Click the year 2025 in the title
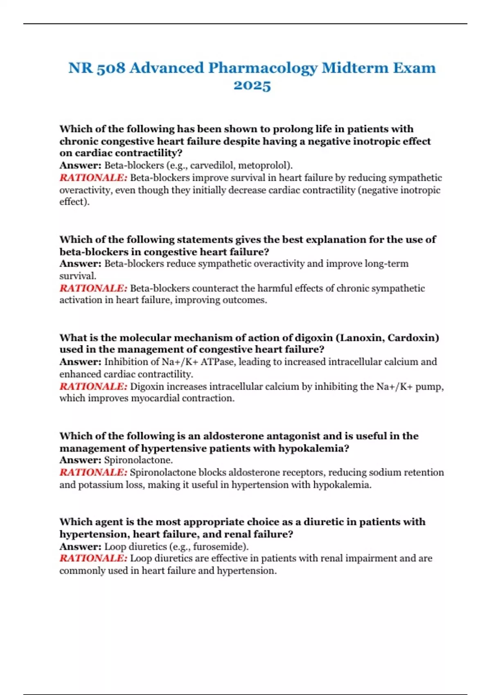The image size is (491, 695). pos(252,85)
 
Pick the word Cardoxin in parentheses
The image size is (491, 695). pos(413,338)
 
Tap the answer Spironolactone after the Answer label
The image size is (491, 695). pos(138,460)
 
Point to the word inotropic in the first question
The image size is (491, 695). pos(377,141)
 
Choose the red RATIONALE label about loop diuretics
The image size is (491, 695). pos(93,558)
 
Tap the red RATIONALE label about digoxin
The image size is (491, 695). pos(93,386)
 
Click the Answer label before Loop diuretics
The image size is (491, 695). pos(80,547)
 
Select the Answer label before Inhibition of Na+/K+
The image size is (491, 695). pos(80,362)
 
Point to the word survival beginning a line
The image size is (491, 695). pos(77,276)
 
